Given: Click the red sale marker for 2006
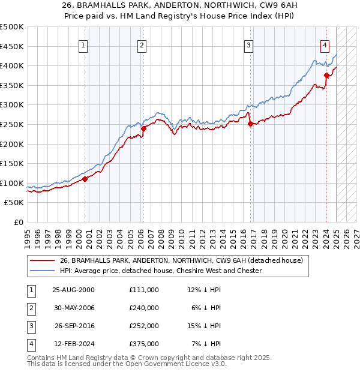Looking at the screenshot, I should click(143, 128).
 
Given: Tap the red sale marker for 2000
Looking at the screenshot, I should click(85, 178).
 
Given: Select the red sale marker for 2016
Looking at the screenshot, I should click(250, 124).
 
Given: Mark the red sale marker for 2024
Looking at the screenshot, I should click(326, 76).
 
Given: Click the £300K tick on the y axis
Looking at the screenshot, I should click(13, 105).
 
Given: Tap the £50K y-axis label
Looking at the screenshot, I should click(15, 203).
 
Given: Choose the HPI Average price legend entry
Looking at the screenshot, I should click(161, 271).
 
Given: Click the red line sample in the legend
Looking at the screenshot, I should click(41, 260).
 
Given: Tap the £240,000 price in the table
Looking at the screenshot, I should click(144, 307).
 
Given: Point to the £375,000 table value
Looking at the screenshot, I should click(144, 344).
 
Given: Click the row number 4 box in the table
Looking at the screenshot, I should click(30, 344).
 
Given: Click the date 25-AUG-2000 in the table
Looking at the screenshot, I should click(74, 289).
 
